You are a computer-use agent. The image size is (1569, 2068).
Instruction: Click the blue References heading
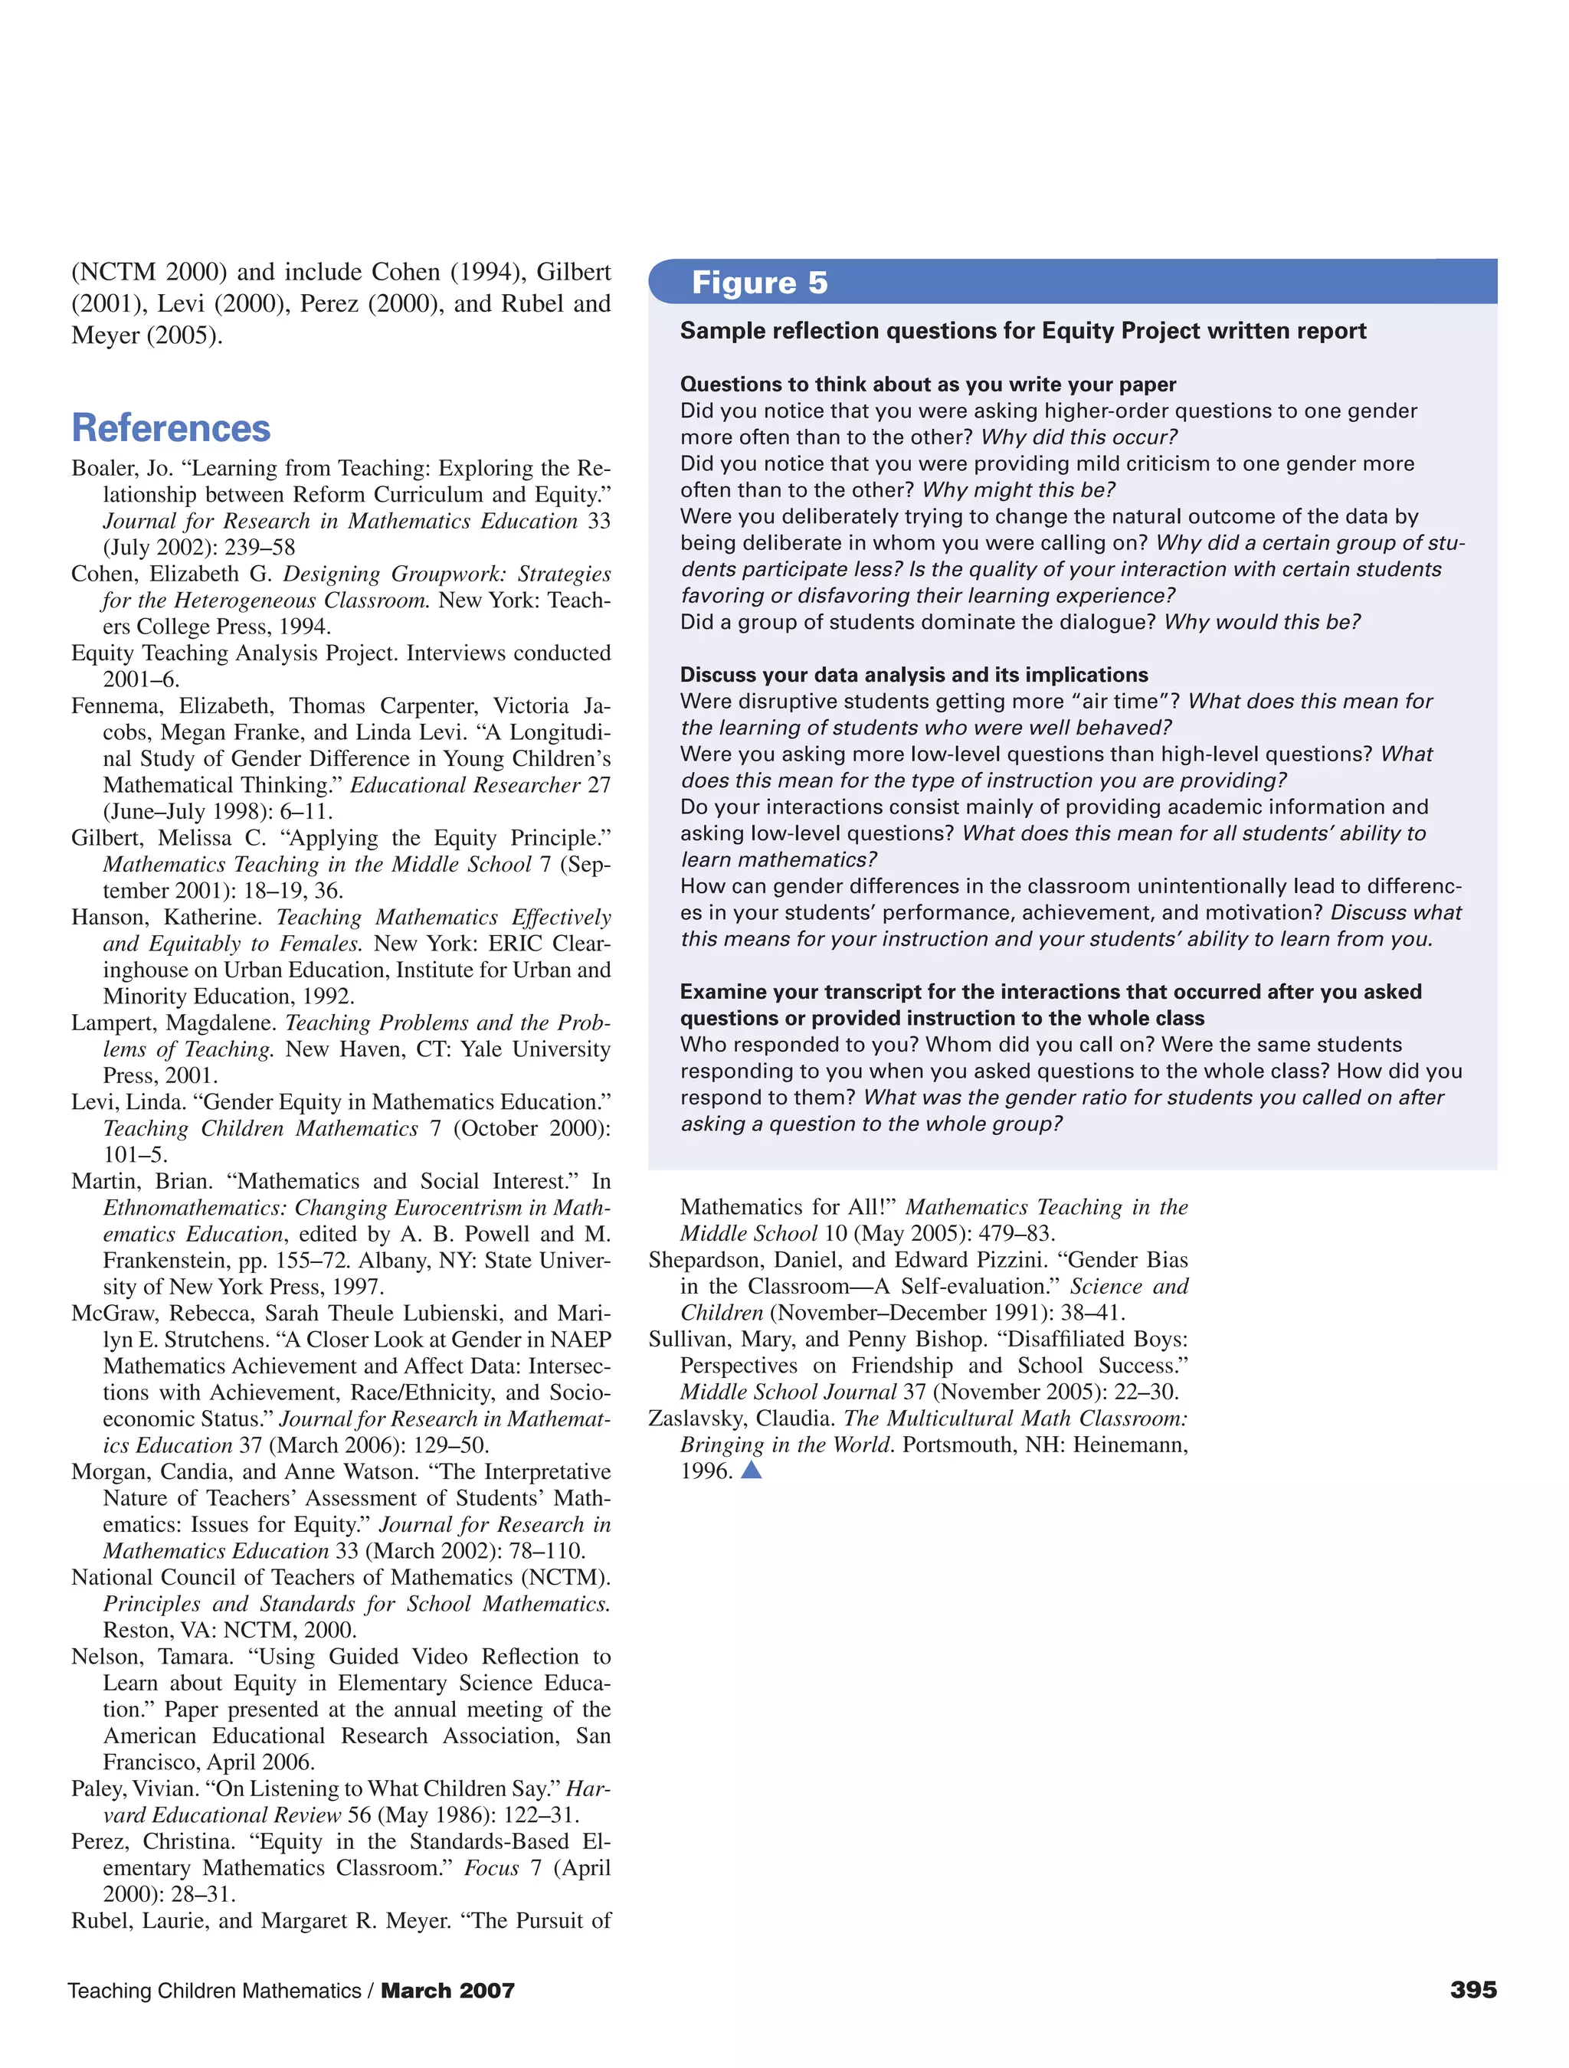click(x=171, y=428)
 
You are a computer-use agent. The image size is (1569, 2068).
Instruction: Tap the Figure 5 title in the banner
click(x=759, y=283)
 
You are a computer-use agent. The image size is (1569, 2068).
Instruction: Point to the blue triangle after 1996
click(x=751, y=1470)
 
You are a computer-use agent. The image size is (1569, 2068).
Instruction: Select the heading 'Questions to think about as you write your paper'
click(x=928, y=384)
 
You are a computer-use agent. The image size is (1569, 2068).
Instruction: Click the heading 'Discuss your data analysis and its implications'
click(x=913, y=675)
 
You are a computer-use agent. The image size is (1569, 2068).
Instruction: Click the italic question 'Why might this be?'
click(x=1018, y=490)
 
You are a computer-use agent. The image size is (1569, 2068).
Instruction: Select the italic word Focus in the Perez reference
click(x=491, y=1868)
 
